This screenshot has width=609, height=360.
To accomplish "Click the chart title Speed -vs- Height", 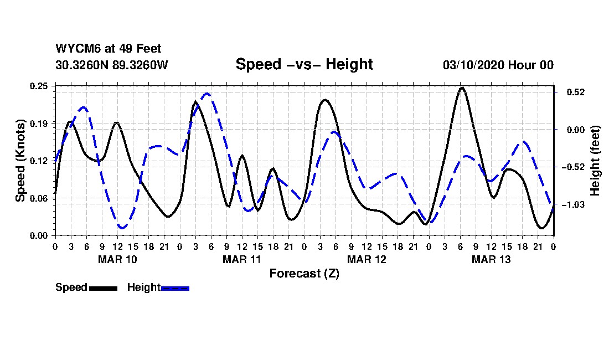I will click(x=304, y=64).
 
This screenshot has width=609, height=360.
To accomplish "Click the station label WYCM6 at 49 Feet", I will click(x=109, y=49).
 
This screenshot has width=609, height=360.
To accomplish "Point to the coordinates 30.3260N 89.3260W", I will click(x=111, y=65).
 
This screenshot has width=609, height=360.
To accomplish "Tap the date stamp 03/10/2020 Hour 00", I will click(x=498, y=65).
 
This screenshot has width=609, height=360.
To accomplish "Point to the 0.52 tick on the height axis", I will click(x=571, y=92).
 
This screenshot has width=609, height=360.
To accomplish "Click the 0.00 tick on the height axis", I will click(x=571, y=130).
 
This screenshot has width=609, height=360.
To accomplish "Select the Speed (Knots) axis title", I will click(x=20, y=160).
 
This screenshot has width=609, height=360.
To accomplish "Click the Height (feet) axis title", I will click(x=596, y=161).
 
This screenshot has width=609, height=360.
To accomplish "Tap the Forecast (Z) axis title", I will click(x=304, y=273).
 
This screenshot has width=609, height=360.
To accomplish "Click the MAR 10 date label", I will click(x=117, y=259).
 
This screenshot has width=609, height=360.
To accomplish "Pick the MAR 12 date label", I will click(x=366, y=259).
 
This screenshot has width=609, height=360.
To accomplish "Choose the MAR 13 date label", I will click(x=491, y=259).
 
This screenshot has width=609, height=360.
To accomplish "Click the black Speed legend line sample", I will click(x=103, y=288).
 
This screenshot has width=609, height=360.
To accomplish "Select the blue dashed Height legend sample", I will click(x=176, y=288).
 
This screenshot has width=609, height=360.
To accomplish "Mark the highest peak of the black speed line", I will click(x=462, y=88).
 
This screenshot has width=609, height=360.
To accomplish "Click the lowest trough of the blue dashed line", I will click(x=122, y=228).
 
